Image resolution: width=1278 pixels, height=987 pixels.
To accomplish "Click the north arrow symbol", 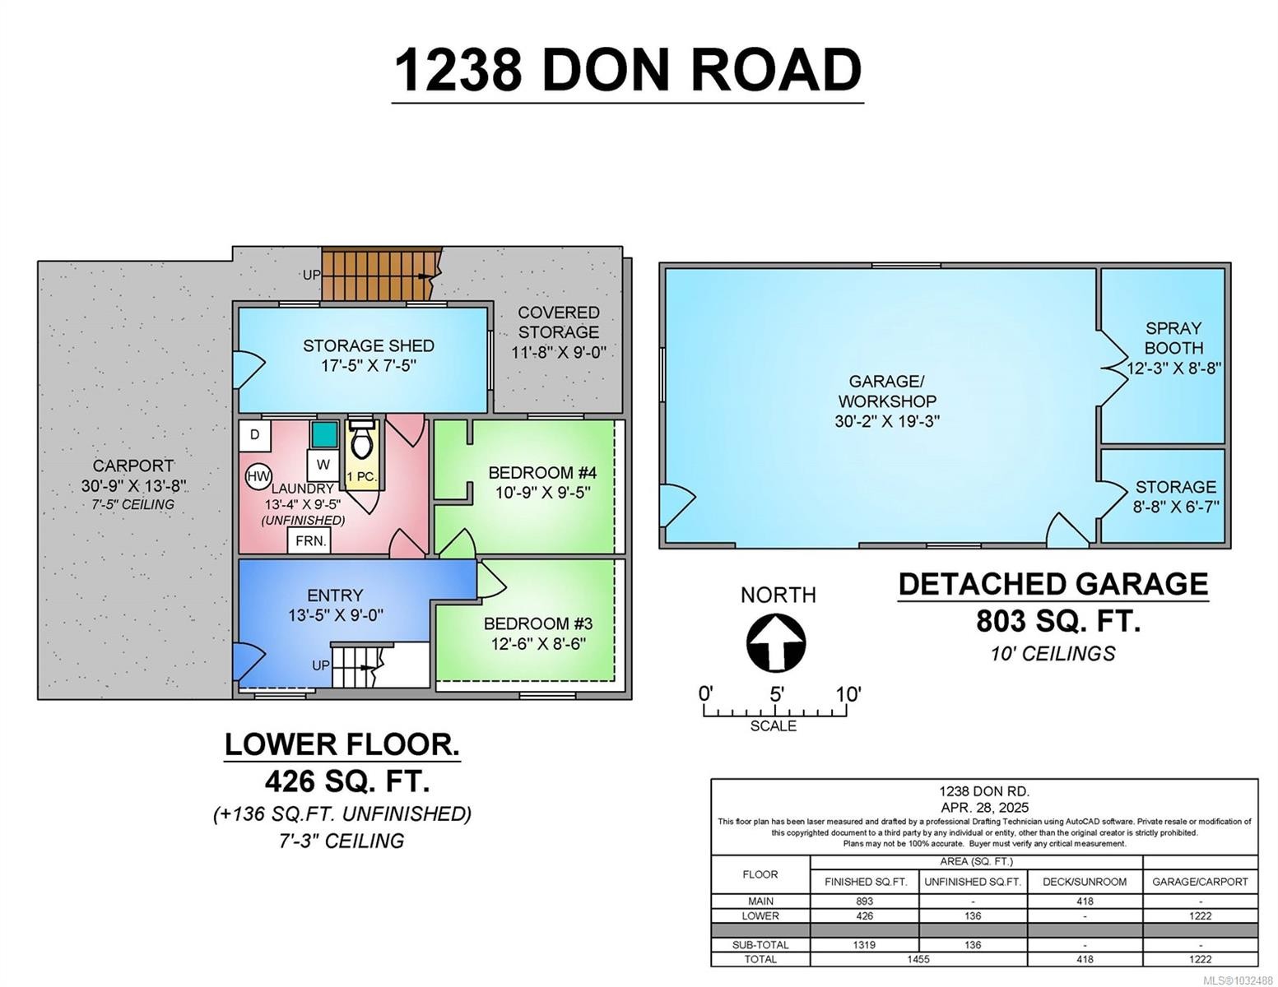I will [x=775, y=642].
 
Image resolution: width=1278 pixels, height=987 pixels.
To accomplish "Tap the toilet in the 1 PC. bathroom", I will [x=361, y=440].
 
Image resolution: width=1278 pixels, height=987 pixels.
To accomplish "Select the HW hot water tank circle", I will [x=258, y=476].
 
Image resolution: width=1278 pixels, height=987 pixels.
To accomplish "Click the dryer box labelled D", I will [x=255, y=434].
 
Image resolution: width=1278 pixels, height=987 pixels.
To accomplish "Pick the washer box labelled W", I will [x=323, y=465].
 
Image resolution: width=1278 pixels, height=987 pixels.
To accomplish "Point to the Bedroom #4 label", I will [x=541, y=472].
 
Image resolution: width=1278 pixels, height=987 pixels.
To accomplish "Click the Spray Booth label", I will [x=1173, y=338].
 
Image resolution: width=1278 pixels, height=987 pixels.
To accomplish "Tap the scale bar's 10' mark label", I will [x=848, y=694].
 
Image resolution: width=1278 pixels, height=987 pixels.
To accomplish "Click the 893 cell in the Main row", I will [x=864, y=901].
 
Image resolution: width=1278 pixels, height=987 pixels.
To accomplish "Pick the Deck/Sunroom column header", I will [x=1085, y=881].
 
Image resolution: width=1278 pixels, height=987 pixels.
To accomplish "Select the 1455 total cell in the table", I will [x=918, y=959].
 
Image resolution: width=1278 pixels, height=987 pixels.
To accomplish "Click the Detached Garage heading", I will [x=1053, y=584].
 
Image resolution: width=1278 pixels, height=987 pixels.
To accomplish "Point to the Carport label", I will [x=132, y=466].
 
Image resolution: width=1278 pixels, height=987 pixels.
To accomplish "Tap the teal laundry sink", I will [x=324, y=433].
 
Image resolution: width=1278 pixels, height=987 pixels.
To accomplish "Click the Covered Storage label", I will [x=558, y=322].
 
